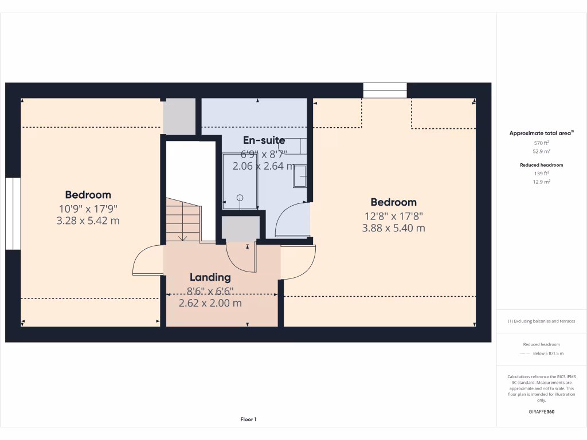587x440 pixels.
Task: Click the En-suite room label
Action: (264, 140)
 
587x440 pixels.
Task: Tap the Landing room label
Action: (210, 277)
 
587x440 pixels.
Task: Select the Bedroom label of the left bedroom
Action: (88, 195)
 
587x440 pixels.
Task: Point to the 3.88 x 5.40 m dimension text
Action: (393, 228)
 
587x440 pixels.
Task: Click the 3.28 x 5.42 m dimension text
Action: (88, 221)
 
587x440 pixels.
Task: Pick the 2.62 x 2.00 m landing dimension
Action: (210, 303)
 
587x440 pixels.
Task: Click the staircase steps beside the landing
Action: (182, 221)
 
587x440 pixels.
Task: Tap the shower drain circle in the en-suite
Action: (240, 198)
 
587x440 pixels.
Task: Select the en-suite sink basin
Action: (300, 176)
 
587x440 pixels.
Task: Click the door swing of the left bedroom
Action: (148, 261)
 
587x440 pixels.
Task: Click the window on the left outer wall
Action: (13, 213)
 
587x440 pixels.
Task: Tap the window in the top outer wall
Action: (385, 91)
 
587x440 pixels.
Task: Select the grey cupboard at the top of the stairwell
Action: (179, 116)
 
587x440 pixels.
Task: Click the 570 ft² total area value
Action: (542, 143)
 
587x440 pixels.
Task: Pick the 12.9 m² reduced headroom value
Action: (542, 182)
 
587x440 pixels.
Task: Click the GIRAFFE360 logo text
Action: (542, 412)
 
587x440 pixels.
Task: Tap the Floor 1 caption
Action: (248, 419)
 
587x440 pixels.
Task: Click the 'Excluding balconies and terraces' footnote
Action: (542, 321)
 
